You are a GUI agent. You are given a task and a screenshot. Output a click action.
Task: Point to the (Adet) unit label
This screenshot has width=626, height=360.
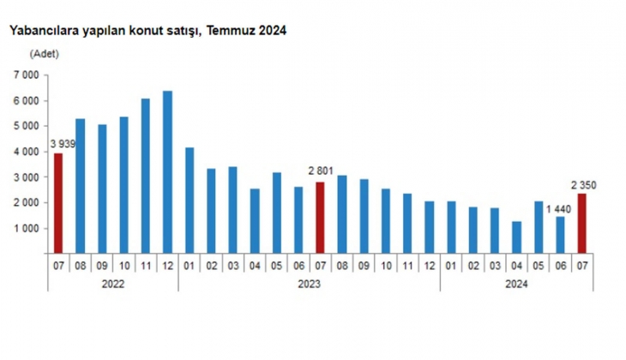point(44,53)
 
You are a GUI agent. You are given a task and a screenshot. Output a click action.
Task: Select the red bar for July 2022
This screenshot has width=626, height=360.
point(58,204)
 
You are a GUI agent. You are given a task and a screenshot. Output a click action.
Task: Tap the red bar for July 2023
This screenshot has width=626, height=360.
point(321,218)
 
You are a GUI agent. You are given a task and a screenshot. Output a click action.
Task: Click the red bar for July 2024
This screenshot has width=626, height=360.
point(582,224)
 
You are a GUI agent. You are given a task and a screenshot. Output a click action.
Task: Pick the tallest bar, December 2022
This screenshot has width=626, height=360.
point(167,172)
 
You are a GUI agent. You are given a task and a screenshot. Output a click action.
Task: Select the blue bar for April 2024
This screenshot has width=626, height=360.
point(517,237)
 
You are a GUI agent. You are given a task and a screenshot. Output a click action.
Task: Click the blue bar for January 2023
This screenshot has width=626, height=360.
point(190,201)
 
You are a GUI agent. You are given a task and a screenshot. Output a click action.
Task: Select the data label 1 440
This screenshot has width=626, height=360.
point(557,208)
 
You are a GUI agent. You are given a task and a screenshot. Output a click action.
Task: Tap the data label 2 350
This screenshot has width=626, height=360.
point(583,184)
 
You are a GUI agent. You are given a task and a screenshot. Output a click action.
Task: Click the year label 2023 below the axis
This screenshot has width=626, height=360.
point(309,283)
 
